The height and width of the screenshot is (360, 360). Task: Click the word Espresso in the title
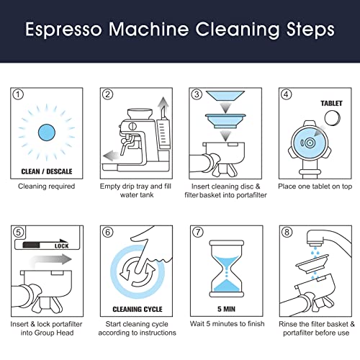(63, 30)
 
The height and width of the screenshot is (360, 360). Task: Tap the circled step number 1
(18, 94)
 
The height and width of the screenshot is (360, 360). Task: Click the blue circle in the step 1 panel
(47, 132)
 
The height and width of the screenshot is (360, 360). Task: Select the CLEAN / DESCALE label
(47, 171)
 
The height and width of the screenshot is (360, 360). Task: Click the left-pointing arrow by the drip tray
(112, 156)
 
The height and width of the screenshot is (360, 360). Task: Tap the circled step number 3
(197, 94)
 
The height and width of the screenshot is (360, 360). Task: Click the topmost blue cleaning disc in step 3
(225, 96)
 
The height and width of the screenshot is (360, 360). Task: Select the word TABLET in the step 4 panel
(331, 104)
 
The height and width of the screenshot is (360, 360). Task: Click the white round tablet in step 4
(333, 118)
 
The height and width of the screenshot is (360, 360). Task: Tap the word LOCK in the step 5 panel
(61, 246)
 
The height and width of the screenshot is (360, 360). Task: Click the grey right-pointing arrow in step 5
(50, 261)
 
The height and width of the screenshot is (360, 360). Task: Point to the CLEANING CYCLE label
(138, 309)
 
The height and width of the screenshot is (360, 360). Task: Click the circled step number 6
(107, 232)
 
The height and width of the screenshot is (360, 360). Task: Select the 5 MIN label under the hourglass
(226, 309)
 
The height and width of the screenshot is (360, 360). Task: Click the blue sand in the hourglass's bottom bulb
(226, 286)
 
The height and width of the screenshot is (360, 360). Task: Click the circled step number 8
(287, 232)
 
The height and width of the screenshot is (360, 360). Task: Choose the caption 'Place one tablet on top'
(315, 186)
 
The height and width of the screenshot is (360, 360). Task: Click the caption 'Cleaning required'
(47, 186)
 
